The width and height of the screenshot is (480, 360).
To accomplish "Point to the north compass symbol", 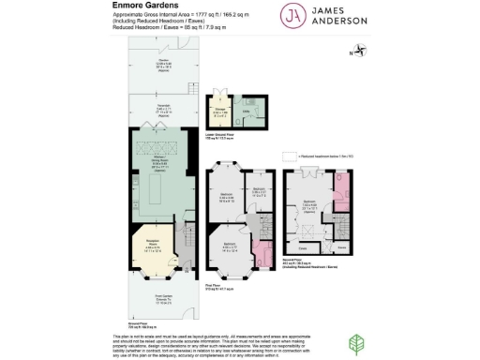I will point(355,52).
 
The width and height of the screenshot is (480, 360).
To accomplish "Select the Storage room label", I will point(220,113).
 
